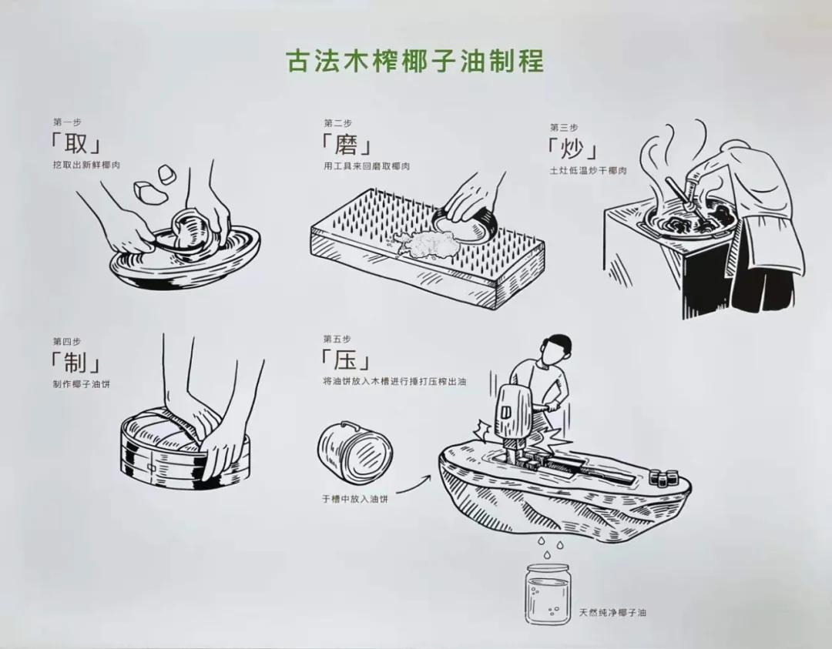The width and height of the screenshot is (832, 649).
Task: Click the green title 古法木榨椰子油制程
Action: (415, 60)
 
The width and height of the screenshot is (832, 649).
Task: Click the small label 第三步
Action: (563, 127)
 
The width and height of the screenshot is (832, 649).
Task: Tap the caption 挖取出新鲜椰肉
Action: (87, 166)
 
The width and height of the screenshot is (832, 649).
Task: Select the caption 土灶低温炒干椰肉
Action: (588, 170)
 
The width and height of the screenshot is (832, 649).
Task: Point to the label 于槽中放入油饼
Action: (355, 498)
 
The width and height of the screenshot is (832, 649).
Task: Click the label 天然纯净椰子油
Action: (612, 613)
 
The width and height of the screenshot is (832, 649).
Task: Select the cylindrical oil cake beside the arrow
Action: (355, 451)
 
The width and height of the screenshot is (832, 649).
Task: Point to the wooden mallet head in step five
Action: (511, 408)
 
